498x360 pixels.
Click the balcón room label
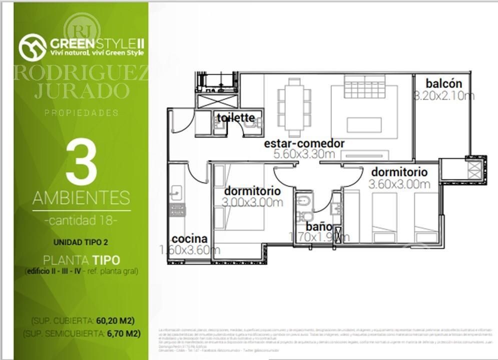click(x=444, y=84)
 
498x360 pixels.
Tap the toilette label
click(x=236, y=118)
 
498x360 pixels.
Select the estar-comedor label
click(x=304, y=143)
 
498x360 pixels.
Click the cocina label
click(x=189, y=239)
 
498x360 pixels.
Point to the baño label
click(x=319, y=226)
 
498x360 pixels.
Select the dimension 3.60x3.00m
click(x=399, y=184)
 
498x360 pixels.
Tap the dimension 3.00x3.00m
click(x=253, y=202)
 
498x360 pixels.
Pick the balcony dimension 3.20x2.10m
click(x=444, y=96)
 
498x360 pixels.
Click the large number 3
click(x=81, y=163)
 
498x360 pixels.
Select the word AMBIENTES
click(x=81, y=198)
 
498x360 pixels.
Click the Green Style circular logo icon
click(x=33, y=47)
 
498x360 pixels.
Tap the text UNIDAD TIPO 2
click(x=81, y=242)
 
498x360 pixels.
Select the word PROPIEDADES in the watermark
click(x=81, y=113)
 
